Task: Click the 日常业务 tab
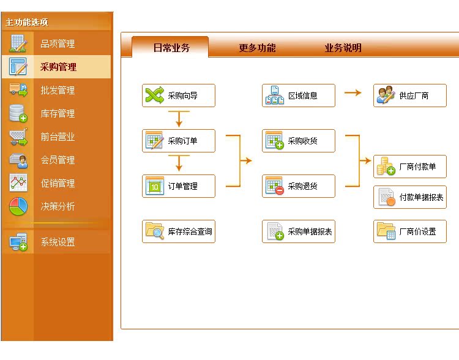171,47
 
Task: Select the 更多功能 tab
257,48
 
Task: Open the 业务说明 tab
343,48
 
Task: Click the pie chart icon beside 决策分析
18,206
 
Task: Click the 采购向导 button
179,96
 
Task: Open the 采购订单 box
179,141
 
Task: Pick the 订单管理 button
179,186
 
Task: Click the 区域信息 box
299,96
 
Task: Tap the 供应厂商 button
410,96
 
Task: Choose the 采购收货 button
299,141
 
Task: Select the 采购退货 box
299,186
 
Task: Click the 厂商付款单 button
410,167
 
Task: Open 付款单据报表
410,197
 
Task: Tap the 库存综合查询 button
179,231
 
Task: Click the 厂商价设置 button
410,231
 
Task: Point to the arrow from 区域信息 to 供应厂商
353,93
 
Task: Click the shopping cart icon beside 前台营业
18,137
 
